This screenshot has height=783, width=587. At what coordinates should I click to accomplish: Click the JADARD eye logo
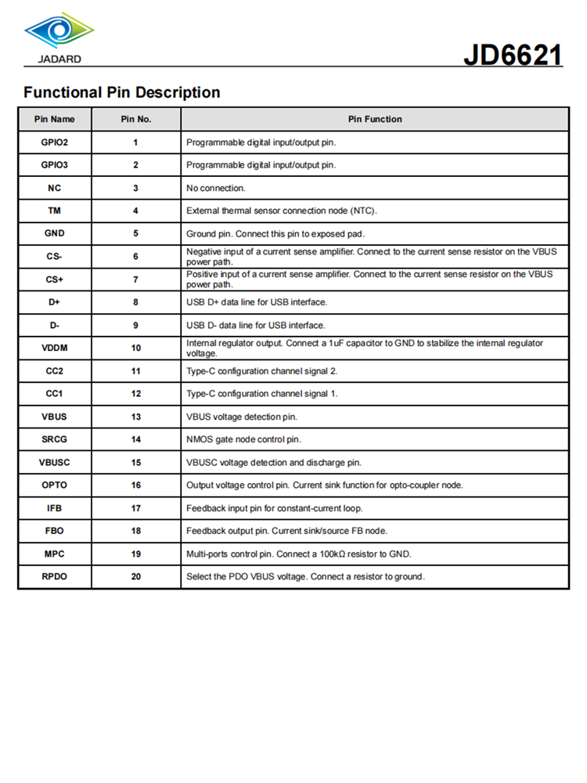pyautogui.click(x=59, y=31)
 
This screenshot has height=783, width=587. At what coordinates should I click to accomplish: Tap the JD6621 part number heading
pyautogui.click(x=512, y=56)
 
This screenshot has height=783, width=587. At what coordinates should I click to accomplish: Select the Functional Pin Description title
pyautogui.click(x=121, y=92)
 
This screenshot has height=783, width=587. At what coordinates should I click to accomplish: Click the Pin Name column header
pyautogui.click(x=55, y=119)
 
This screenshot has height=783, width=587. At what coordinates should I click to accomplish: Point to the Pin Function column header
pyautogui.click(x=375, y=119)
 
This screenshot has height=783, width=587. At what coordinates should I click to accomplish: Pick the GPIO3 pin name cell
pyautogui.click(x=55, y=165)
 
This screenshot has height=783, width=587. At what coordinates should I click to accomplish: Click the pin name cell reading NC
pyautogui.click(x=55, y=188)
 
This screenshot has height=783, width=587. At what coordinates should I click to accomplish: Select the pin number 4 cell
pyautogui.click(x=135, y=211)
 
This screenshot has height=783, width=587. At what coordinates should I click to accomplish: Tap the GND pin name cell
pyautogui.click(x=55, y=233)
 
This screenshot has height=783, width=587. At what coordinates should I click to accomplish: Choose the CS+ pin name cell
pyautogui.click(x=55, y=280)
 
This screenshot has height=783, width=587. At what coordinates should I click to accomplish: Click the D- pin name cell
pyautogui.click(x=55, y=325)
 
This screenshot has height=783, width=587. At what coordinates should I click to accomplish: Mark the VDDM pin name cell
pyautogui.click(x=55, y=348)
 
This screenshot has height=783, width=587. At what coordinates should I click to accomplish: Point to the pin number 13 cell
pyautogui.click(x=135, y=417)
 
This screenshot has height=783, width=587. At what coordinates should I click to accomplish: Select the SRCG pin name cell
pyautogui.click(x=55, y=439)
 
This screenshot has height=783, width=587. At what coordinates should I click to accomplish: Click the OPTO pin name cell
pyautogui.click(x=55, y=485)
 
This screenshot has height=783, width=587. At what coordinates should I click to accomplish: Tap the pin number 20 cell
pyautogui.click(x=135, y=577)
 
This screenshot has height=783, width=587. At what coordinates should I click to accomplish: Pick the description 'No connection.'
pyautogui.click(x=216, y=188)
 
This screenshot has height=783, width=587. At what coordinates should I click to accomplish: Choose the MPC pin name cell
pyautogui.click(x=55, y=554)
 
